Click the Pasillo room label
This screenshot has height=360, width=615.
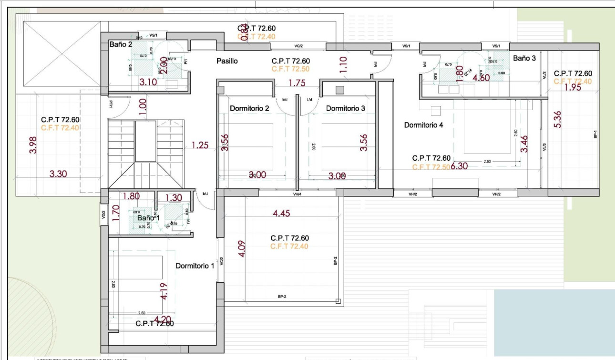(227, 61)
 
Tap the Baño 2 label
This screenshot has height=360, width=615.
(121, 45)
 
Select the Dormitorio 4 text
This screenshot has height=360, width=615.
(424, 125)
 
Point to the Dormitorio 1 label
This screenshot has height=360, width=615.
(195, 266)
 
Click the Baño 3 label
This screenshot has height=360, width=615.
(524, 58)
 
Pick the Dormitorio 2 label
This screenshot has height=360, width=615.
(249, 108)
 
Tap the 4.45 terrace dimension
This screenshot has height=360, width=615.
(281, 214)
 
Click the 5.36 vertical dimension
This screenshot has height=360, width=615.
(557, 119)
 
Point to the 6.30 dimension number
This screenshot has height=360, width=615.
(460, 166)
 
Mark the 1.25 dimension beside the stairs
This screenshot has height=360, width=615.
(200, 145)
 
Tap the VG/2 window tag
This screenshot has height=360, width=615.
(299, 46)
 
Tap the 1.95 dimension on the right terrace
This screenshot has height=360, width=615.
(573, 88)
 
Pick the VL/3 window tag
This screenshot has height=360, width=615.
(544, 148)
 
